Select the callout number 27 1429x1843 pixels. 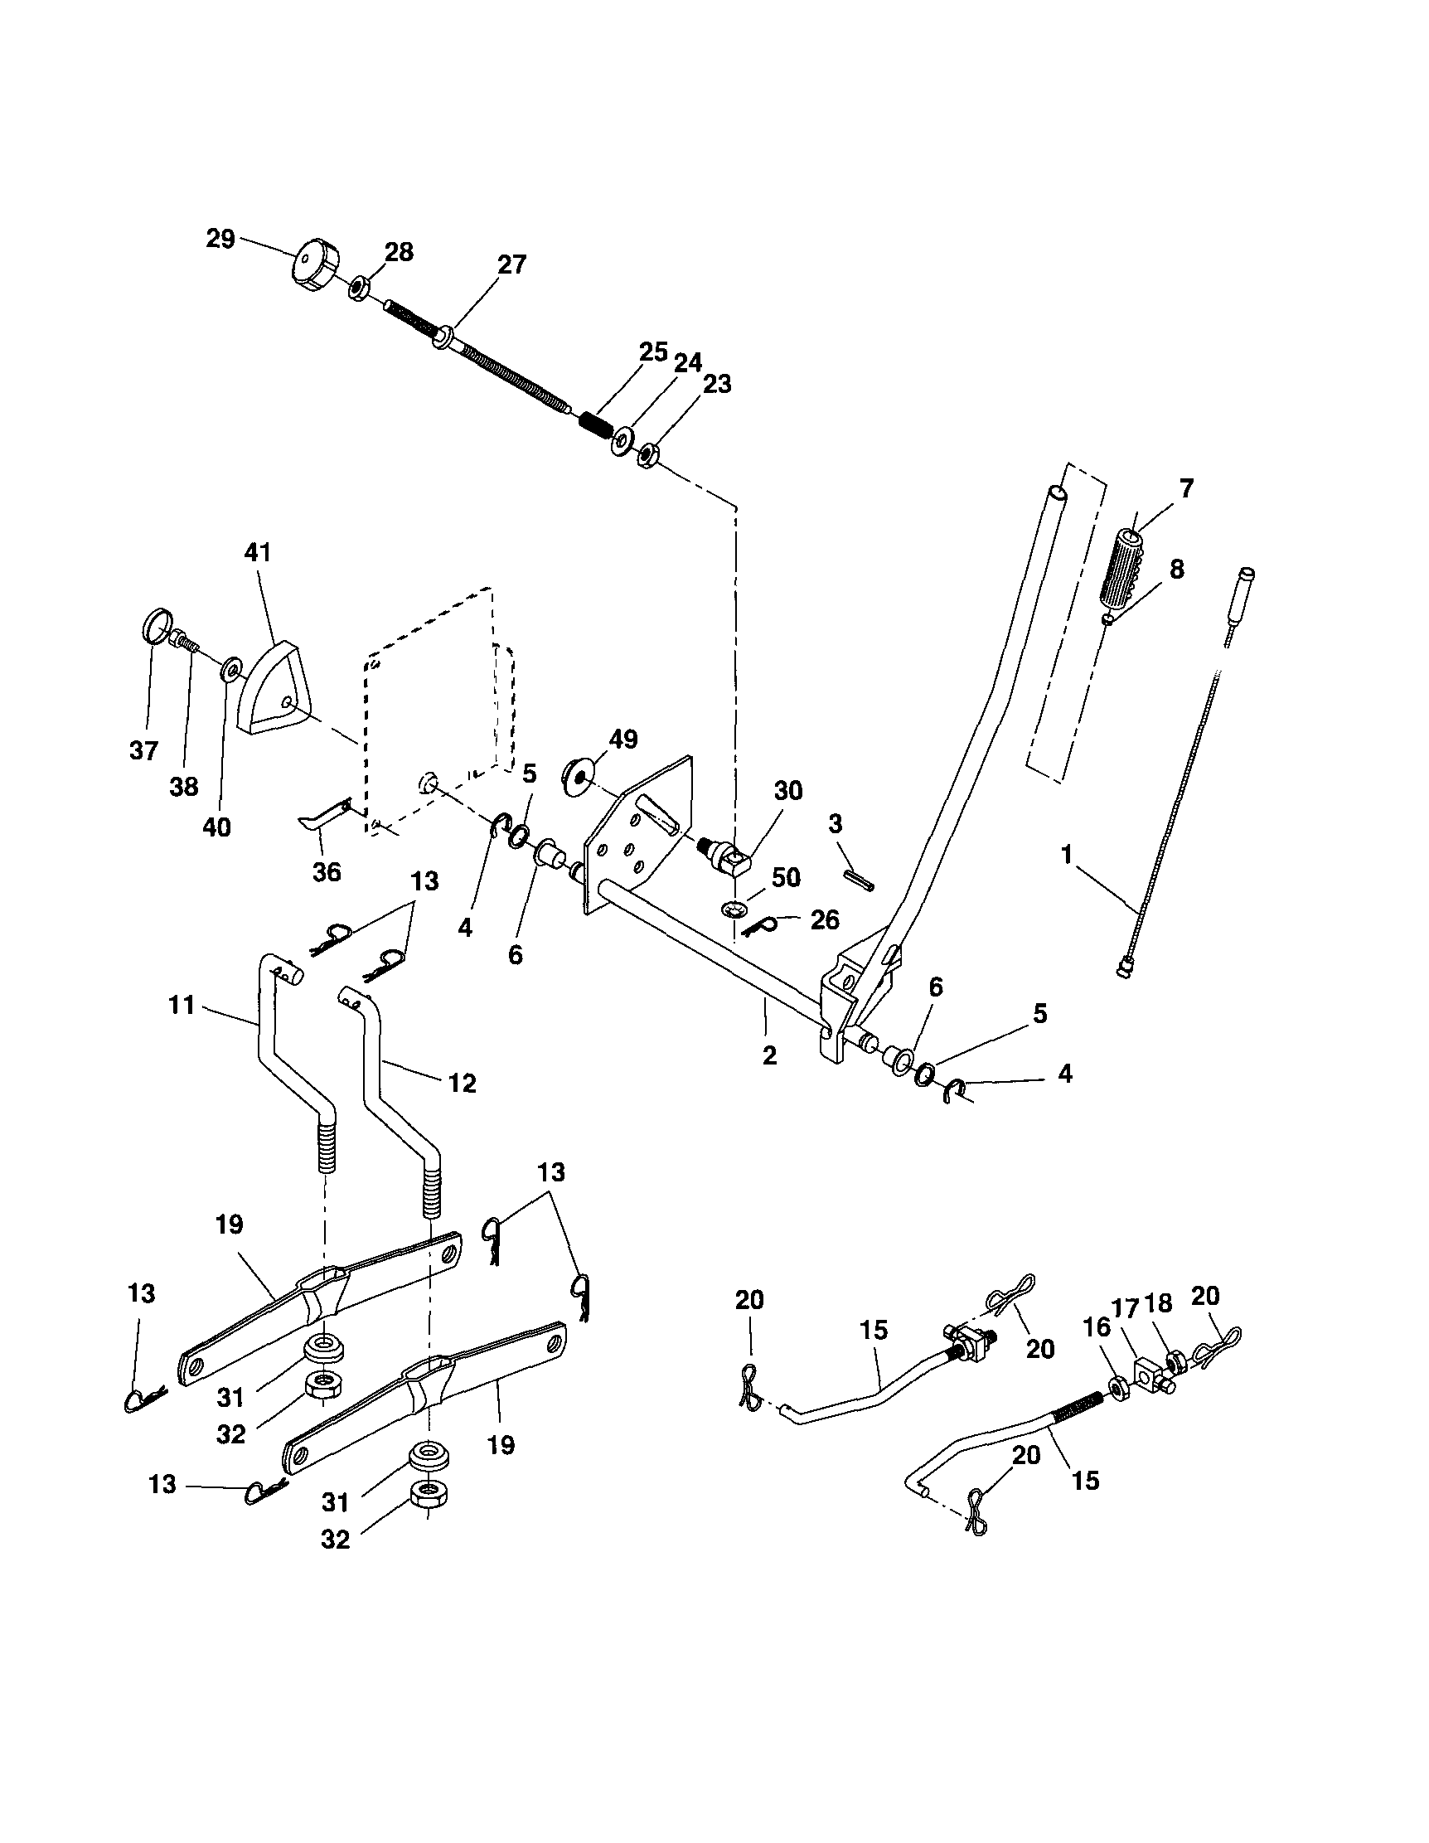pos(511,264)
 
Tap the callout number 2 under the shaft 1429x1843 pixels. pos(768,1055)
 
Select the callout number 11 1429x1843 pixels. pos(182,1005)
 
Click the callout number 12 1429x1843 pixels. pos(463,1083)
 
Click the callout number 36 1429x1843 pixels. pos(327,871)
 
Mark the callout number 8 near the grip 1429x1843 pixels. pos(1175,569)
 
